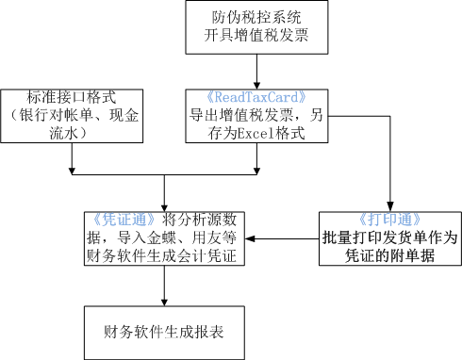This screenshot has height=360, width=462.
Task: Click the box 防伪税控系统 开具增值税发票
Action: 256,28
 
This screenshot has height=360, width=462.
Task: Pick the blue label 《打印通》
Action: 388,219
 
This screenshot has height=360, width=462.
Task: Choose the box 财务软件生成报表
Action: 165,332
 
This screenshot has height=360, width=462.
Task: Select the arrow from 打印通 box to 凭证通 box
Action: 283,237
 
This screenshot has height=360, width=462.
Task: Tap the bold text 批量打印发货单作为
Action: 388,237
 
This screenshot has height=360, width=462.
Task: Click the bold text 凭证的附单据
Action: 388,255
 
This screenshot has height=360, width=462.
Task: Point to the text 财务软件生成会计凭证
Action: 165,255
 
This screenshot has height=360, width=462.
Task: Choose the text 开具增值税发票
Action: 256,38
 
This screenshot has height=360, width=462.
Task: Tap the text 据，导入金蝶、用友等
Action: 165,237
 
